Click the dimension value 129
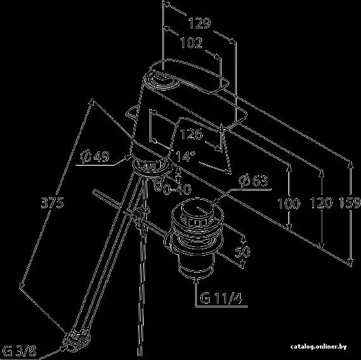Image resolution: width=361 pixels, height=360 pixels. click(199, 23)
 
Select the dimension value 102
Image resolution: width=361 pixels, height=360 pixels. click(191, 43)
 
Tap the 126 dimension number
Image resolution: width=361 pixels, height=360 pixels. click(191, 134)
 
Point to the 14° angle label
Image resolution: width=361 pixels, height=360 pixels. click(185, 156)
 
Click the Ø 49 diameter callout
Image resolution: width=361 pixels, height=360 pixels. click(94, 157)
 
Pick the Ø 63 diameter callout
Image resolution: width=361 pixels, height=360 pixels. click(253, 180)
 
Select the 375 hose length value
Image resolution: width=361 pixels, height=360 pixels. click(53, 203)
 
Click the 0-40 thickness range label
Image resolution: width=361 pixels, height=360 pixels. click(177, 189)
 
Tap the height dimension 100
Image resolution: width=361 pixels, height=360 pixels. click(288, 204)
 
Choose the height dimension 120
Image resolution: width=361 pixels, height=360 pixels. click(321, 203)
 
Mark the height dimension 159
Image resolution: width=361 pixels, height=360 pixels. click(350, 203)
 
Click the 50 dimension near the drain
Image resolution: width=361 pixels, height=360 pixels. click(242, 251)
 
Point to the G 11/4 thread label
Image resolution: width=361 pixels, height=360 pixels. click(221, 299)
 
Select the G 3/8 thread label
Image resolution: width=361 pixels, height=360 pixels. click(20, 352)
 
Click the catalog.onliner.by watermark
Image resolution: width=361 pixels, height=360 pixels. click(319, 347)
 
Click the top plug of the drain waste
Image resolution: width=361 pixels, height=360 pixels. click(198, 210)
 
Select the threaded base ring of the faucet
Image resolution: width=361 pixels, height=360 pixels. click(152, 166)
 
